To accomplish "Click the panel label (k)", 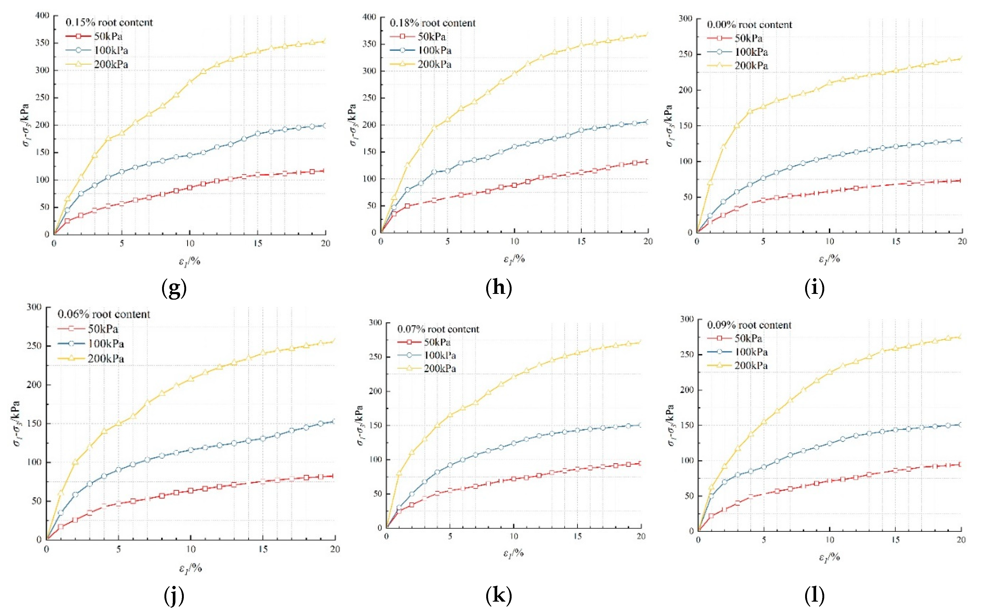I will [499, 595].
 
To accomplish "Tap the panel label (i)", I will [814, 288].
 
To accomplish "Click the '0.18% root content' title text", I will [432, 23].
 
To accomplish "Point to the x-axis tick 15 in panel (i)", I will [896, 241].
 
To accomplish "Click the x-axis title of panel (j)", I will [190, 568].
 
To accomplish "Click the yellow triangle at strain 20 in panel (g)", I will [325, 41].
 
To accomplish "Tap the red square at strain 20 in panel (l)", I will [961, 464].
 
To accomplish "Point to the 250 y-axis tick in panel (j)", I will [34, 346].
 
